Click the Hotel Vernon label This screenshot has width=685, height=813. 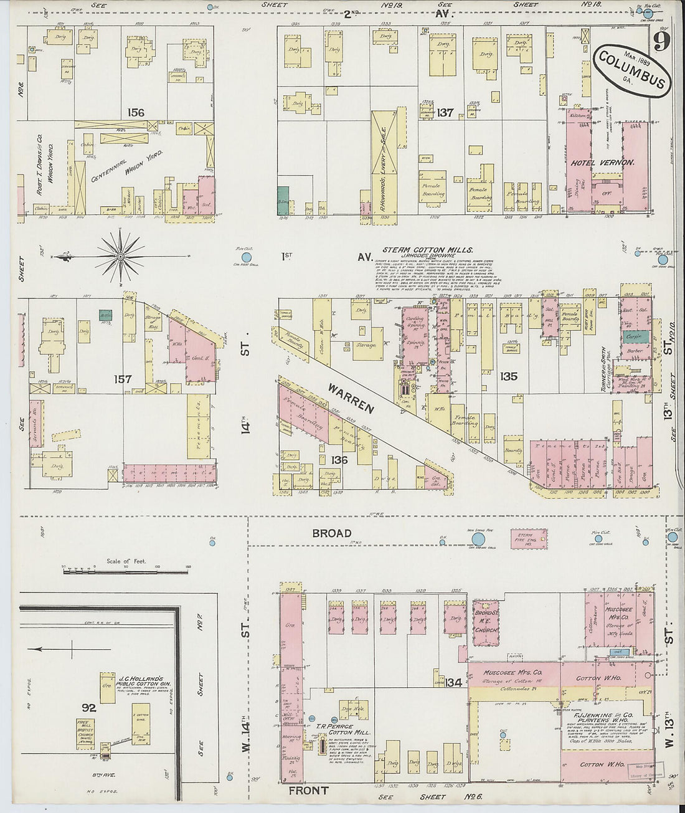(x=602, y=163)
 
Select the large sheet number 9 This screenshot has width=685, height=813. (x=661, y=42)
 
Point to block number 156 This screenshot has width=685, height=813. (x=136, y=113)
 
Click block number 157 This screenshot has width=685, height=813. (x=123, y=379)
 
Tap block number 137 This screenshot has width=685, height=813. (x=445, y=113)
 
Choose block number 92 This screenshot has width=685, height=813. (x=89, y=708)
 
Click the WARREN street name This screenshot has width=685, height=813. (x=351, y=398)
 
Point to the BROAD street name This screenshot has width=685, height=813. (x=332, y=533)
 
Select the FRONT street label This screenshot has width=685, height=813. (x=309, y=791)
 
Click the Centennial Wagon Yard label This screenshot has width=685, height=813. (x=128, y=166)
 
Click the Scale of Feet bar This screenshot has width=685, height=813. (x=125, y=568)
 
